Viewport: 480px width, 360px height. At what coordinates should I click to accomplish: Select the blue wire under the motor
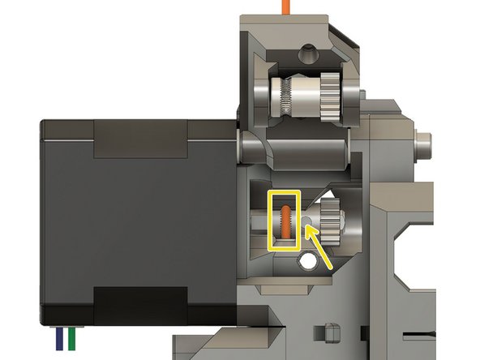coord(59,338)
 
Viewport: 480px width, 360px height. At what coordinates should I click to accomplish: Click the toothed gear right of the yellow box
coord(329,217)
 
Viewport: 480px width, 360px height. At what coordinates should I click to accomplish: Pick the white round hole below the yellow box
coord(307,260)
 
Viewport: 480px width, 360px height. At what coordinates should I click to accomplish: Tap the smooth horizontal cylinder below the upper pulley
coord(296,149)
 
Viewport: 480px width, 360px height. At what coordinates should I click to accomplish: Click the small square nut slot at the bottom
coord(329,332)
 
